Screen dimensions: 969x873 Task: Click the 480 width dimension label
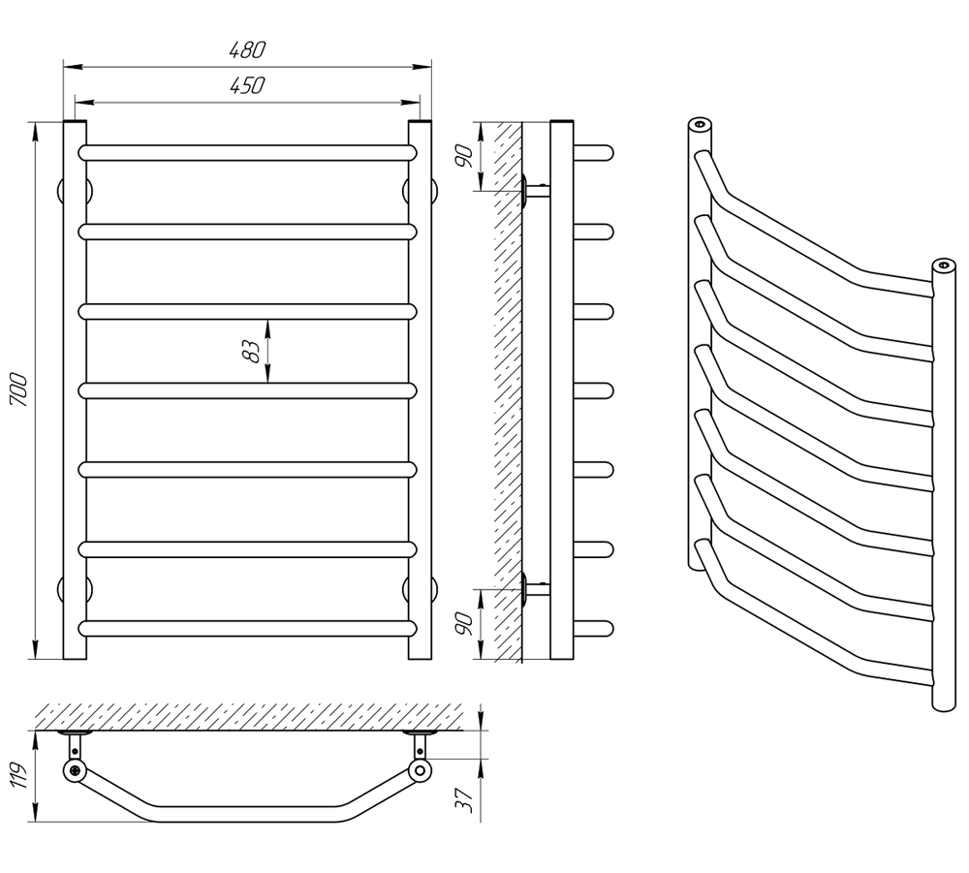pos(247,50)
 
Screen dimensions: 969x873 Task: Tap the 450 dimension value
pos(247,85)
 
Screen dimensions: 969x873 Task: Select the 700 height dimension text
pos(19,390)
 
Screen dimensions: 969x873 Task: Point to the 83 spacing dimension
pos(252,351)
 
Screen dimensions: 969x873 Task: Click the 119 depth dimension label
pos(19,775)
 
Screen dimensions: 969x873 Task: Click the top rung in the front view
pos(247,152)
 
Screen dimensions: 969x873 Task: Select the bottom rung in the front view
pos(247,628)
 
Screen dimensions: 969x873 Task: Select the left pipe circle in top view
pos(75,770)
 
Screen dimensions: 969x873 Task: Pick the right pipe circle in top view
pos(421,770)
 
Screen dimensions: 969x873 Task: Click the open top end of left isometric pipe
pos(701,124)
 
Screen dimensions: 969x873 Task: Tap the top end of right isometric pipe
pos(944,265)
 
